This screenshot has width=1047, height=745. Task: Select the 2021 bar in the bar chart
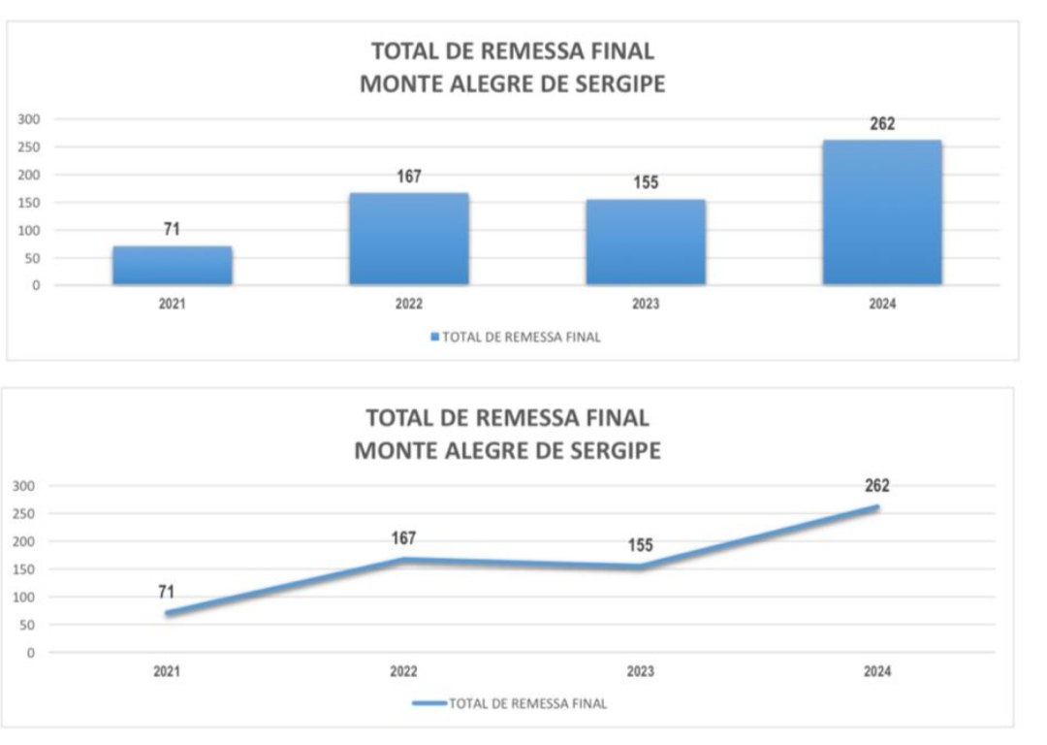(173, 266)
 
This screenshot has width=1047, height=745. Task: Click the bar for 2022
(409, 239)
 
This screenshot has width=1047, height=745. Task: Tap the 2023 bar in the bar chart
(646, 243)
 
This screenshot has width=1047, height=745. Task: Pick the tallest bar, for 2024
(882, 212)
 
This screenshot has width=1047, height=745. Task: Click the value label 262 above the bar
(882, 124)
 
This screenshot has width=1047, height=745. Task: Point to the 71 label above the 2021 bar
(172, 230)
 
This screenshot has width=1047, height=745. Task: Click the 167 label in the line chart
(403, 538)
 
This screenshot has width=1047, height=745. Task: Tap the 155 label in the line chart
(640, 545)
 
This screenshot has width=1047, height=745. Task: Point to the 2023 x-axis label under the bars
(646, 305)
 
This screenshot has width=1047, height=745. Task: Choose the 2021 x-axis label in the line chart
(166, 671)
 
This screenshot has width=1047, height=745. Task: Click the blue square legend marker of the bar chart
(435, 338)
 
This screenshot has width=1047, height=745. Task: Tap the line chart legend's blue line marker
(428, 703)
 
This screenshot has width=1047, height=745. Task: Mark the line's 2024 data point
(876, 507)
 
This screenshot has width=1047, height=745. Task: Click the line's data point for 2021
(167, 613)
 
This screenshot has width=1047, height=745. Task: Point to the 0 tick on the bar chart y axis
(36, 286)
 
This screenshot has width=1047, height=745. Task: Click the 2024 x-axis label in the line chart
(876, 671)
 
